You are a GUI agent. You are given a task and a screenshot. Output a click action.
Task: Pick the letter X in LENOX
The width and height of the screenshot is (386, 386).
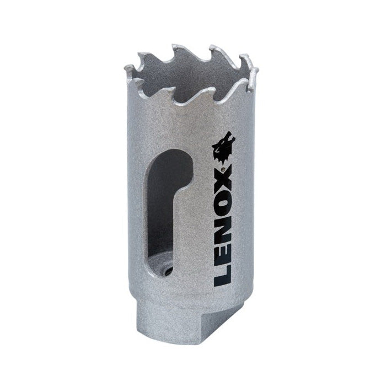point(223,181)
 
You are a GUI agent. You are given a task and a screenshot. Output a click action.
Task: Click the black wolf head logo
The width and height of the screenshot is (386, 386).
point(223,148)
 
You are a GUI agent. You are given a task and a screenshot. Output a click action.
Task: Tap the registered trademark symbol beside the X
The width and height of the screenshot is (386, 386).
point(223,169)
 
